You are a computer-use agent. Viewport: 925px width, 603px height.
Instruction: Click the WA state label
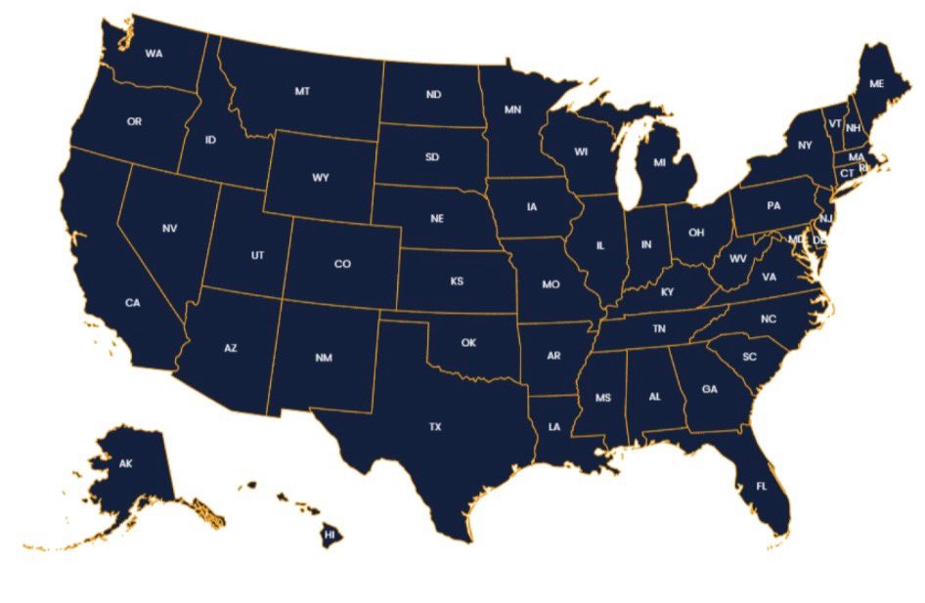tap(154, 53)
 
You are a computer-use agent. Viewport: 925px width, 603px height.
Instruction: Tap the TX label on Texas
tap(435, 426)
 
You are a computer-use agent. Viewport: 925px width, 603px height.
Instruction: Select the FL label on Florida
tap(762, 486)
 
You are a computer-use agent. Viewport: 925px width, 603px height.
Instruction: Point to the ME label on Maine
tap(876, 84)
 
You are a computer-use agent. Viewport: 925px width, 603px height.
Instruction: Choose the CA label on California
tap(133, 303)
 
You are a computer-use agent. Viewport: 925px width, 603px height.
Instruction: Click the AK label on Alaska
tap(125, 463)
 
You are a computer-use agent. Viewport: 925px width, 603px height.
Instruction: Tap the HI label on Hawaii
tap(330, 536)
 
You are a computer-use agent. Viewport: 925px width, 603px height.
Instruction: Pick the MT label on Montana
tap(302, 91)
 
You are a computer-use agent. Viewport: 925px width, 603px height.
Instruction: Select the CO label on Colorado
tap(342, 264)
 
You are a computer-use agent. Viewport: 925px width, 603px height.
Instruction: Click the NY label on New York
tap(805, 146)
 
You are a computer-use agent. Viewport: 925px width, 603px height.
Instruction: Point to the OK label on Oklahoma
tap(468, 342)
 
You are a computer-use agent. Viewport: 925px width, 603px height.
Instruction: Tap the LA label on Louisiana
tap(554, 427)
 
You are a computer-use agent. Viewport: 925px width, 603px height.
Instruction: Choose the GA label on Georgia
tap(710, 389)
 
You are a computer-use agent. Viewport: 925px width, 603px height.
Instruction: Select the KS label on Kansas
tap(457, 281)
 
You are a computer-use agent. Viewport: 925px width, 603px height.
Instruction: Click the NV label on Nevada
tap(169, 229)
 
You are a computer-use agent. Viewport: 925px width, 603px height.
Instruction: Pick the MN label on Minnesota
tap(512, 109)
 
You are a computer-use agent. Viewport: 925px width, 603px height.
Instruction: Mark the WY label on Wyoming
tap(321, 178)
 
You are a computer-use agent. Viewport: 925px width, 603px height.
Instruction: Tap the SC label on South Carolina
tap(749, 357)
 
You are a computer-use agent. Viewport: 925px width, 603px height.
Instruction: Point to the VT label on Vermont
tap(834, 123)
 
